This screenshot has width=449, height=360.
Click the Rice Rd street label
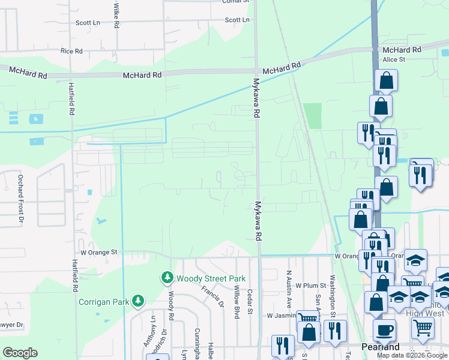71,52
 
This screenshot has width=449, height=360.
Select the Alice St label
394,59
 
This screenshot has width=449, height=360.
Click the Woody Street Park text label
202,278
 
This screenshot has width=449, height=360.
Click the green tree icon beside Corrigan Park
139,300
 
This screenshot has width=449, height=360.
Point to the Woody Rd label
171,305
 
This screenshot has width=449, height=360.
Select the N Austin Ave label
289,288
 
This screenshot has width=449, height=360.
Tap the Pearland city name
381,347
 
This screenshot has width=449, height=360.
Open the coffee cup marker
384,330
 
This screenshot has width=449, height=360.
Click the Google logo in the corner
20,353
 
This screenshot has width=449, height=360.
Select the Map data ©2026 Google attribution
412,355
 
